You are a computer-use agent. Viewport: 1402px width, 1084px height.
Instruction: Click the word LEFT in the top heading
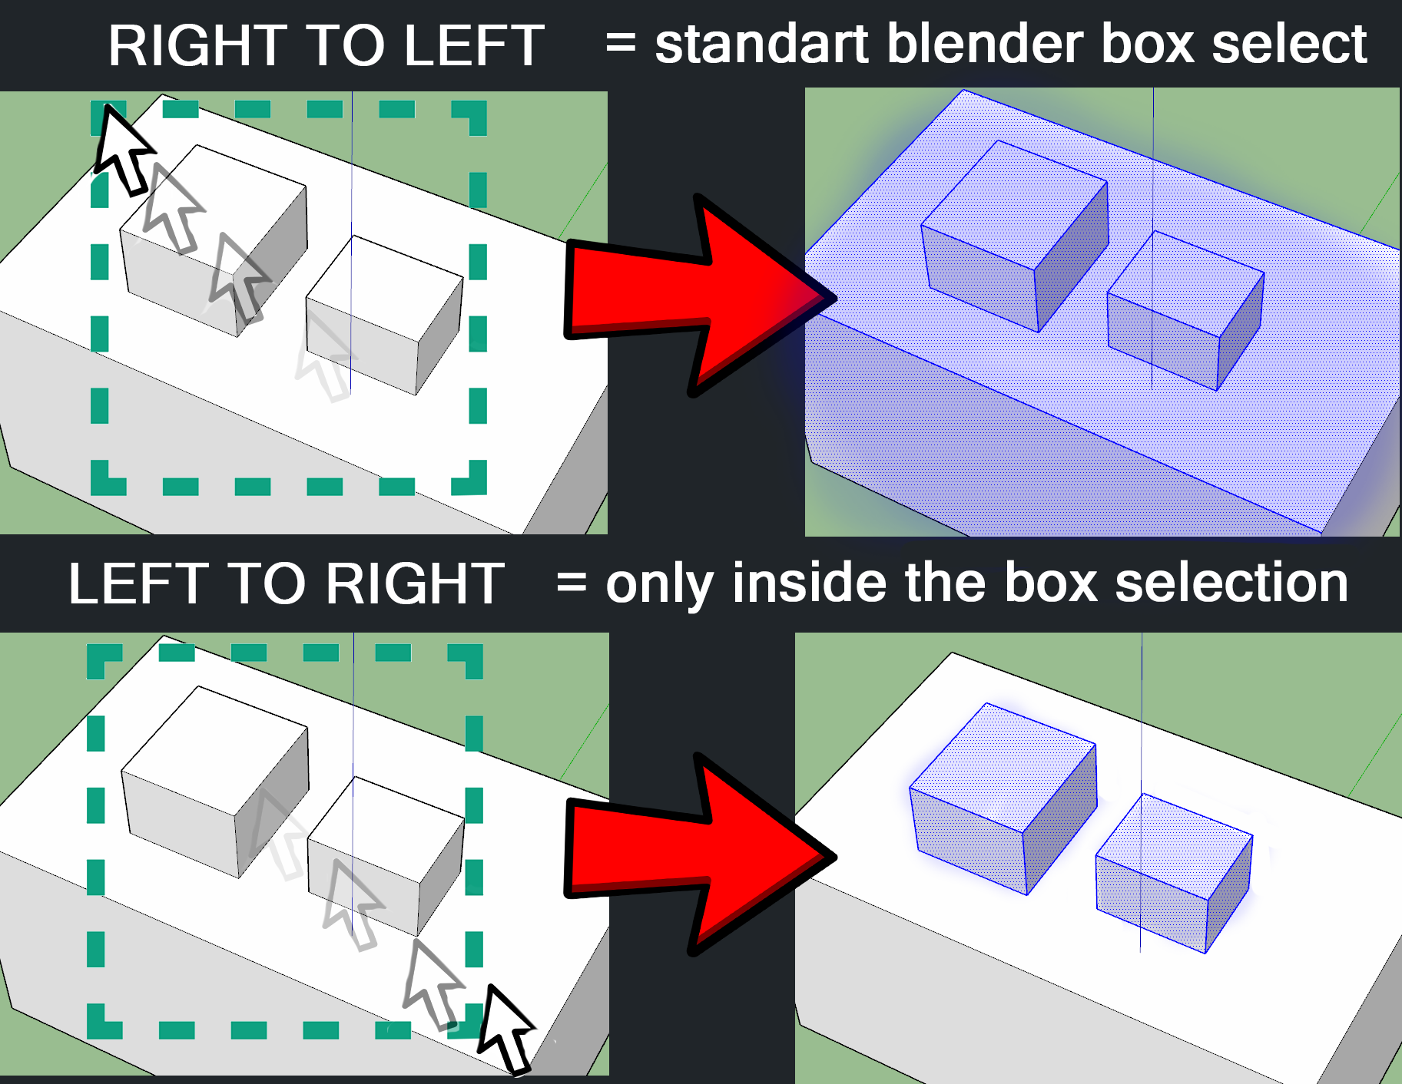click(474, 46)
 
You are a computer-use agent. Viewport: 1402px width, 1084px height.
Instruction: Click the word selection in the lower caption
click(1231, 583)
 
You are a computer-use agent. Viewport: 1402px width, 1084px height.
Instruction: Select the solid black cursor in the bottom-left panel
click(504, 1029)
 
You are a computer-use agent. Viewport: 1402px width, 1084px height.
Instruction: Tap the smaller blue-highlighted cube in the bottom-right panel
click(1174, 873)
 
